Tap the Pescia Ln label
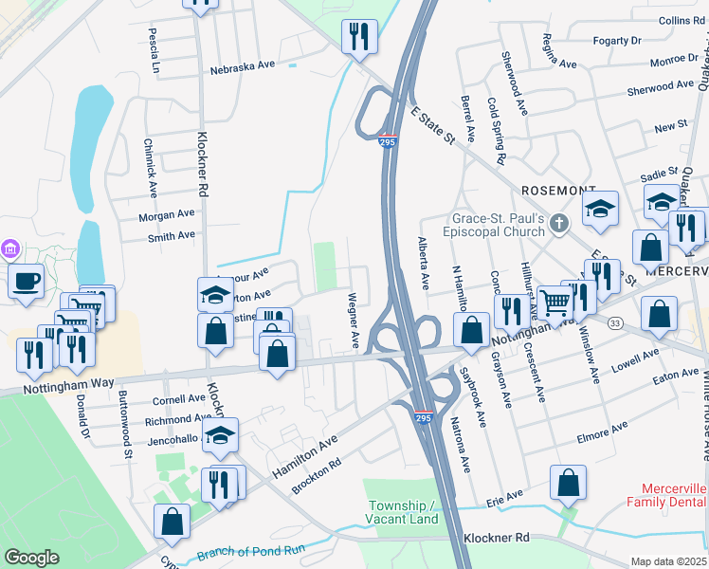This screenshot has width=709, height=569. tap(154, 49)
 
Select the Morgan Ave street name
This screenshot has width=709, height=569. tap(166, 216)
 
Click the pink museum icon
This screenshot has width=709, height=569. tap(10, 249)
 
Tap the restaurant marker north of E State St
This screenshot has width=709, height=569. tap(359, 37)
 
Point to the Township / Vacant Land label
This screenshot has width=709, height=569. tap(403, 512)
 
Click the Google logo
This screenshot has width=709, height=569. tap(31, 558)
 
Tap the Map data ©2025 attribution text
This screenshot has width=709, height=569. tap(668, 561)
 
